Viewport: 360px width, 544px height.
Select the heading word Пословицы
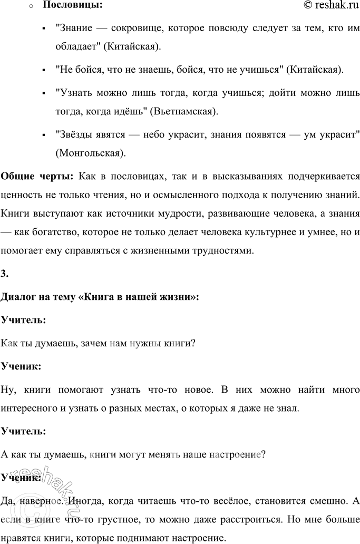pyautogui.click(x=65, y=6)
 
